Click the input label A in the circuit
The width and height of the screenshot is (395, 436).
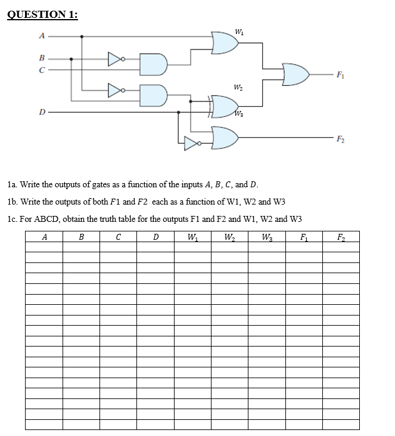pyautogui.click(x=41, y=36)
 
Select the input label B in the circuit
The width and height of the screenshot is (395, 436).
pyautogui.click(x=41, y=58)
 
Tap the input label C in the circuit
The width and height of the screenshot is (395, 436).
pyautogui.click(x=41, y=70)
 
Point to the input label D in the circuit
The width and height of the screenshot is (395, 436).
pyautogui.click(x=41, y=112)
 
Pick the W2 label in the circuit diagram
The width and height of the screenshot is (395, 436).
pyautogui.click(x=238, y=88)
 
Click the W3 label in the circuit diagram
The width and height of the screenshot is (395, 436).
pyautogui.click(x=239, y=113)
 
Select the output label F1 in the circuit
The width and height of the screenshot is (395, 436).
pyautogui.click(x=340, y=75)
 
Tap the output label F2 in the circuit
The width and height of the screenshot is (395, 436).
pyautogui.click(x=340, y=138)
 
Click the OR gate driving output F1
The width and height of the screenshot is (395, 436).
pyautogui.click(x=296, y=75)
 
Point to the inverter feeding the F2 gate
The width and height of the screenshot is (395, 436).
pyautogui.click(x=192, y=143)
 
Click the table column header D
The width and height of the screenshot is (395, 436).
pyautogui.click(x=155, y=237)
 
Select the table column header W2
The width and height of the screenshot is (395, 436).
pyautogui.click(x=229, y=237)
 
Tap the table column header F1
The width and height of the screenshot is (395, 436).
pyautogui.click(x=304, y=237)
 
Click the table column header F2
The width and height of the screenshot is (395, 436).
pyautogui.click(x=340, y=237)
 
